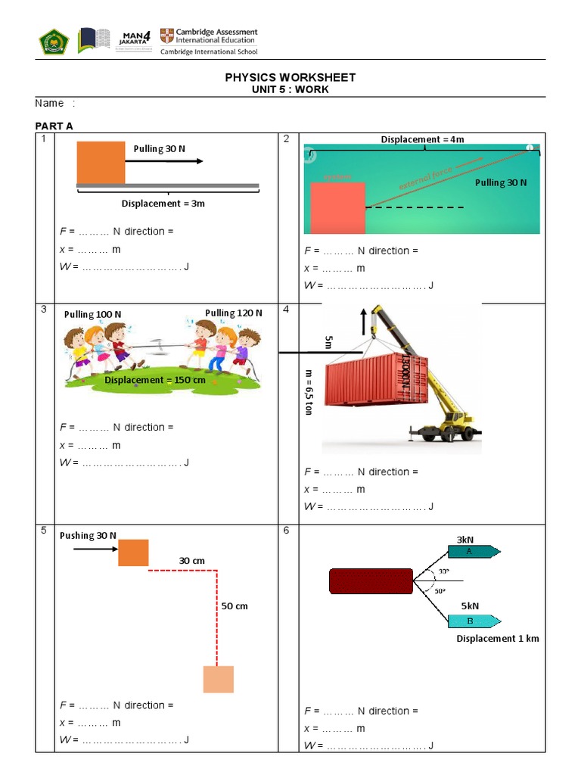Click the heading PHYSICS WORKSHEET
pos(290,77)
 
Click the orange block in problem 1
pos(101,162)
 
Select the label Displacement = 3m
pos(163,204)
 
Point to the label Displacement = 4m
pos(422,139)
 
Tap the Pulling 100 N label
pos(92,314)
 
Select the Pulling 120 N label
pos(234,313)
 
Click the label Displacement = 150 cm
pos(154,379)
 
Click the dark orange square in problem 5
pos(133,552)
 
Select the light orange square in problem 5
pos(218,679)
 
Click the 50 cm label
pos(235,606)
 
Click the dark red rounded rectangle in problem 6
pos(371,581)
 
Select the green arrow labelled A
pos(469,551)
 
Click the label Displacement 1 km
pos(498,639)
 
